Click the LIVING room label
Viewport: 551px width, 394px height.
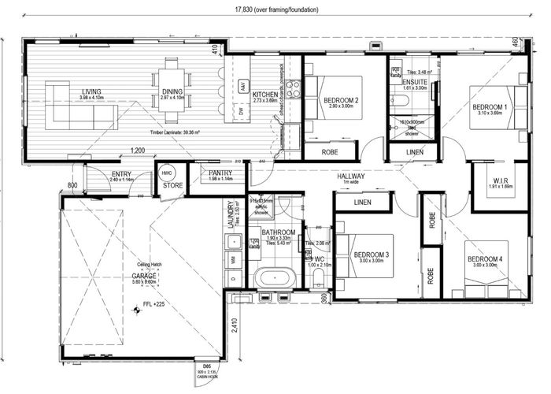click(x=91, y=92)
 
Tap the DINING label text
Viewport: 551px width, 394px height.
click(x=173, y=92)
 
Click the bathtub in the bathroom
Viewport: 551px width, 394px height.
click(x=272, y=277)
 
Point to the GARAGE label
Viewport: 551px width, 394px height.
click(x=144, y=276)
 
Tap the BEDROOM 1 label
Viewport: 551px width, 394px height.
click(x=489, y=106)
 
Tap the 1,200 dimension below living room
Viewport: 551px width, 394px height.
click(x=138, y=150)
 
